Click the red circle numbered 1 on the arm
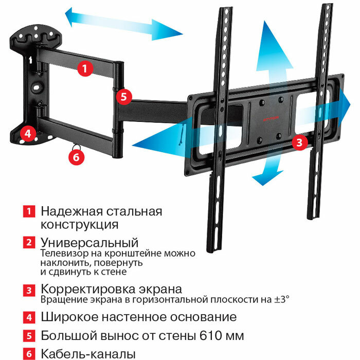86,68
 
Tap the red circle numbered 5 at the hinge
124,96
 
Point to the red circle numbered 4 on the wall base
27,133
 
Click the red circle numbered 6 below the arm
77,156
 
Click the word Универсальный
90,242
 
